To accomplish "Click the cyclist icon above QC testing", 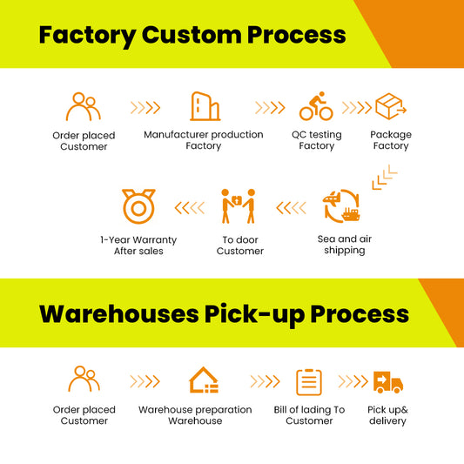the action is (x=316, y=106).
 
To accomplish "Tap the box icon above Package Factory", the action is (x=391, y=106).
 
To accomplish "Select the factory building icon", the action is (x=205, y=106).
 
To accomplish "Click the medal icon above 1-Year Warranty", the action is (x=138, y=206).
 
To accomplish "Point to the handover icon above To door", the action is (x=239, y=206).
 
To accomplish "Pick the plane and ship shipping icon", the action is (x=341, y=206).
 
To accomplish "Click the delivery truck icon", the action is (x=388, y=382).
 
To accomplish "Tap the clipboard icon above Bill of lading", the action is (x=309, y=382).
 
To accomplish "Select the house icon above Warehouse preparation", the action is (x=204, y=380).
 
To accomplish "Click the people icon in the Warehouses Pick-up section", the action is (x=84, y=379).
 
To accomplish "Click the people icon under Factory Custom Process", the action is (x=84, y=106).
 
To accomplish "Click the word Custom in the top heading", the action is (x=192, y=35).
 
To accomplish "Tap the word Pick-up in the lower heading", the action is (x=255, y=314).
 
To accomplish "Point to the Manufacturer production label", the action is (x=204, y=135).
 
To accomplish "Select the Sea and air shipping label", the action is (x=345, y=245).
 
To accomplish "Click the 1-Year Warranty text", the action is (x=138, y=239).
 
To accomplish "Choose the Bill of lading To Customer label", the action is (x=309, y=415).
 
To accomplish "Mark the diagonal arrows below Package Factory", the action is (x=385, y=178).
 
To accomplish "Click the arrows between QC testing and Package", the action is (x=357, y=108).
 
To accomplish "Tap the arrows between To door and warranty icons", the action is (x=190, y=208).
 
